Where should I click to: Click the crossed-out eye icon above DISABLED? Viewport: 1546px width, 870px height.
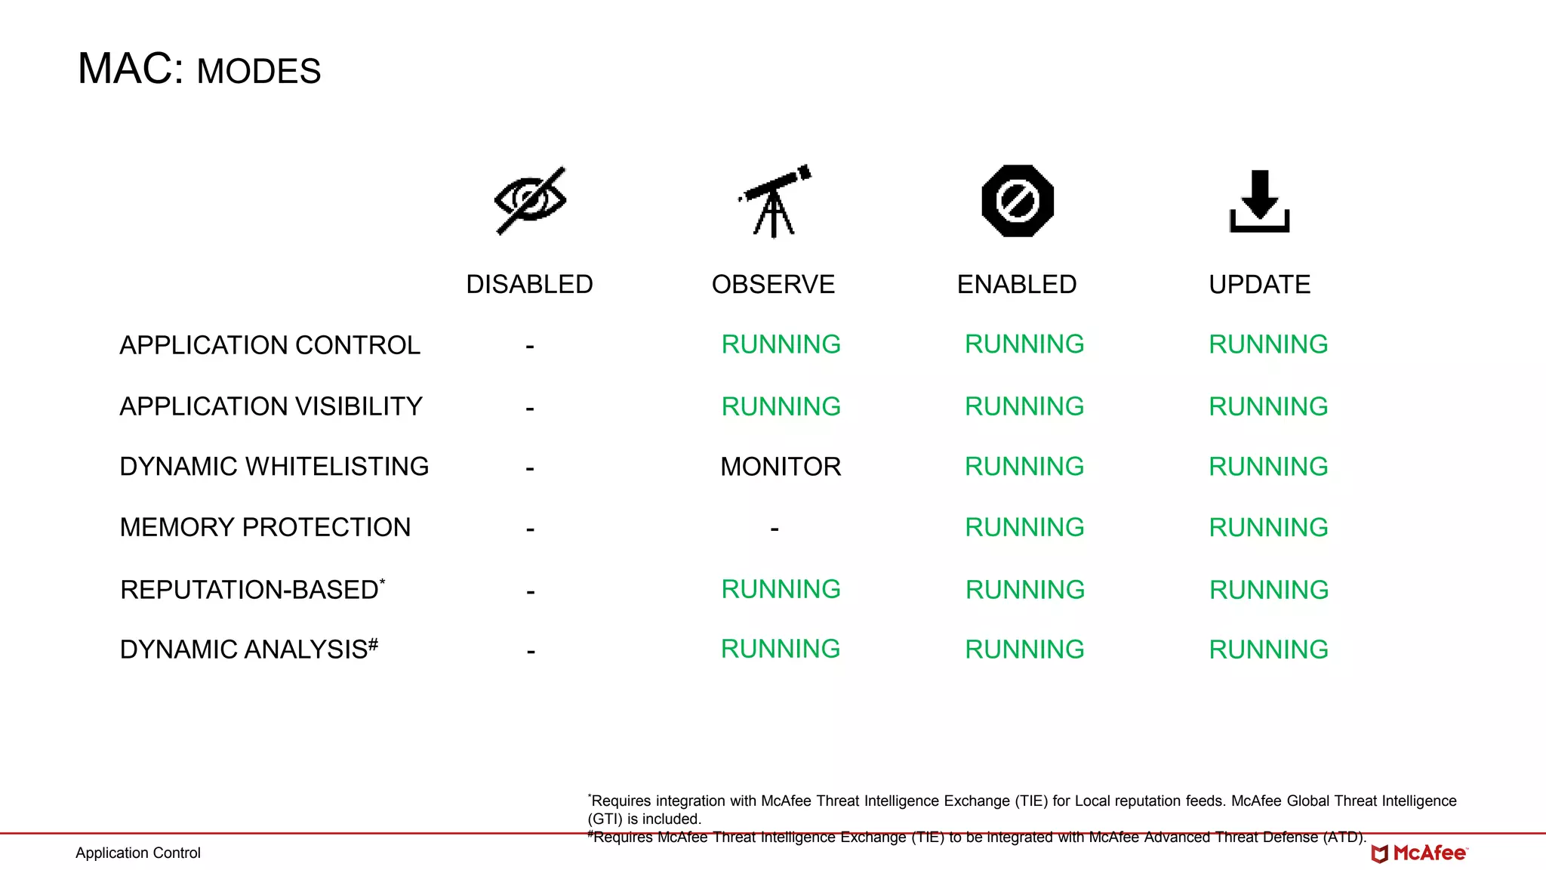coord(530,201)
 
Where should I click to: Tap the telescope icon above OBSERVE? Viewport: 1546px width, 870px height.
coord(775,201)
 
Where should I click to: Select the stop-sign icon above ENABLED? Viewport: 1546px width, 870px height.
coord(1018,201)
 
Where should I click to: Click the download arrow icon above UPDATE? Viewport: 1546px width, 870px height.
coord(1259,201)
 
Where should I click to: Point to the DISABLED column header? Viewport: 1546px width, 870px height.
coord(529,285)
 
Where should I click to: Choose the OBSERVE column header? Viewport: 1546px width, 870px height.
coord(773,285)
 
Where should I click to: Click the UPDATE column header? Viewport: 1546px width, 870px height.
coord(1259,285)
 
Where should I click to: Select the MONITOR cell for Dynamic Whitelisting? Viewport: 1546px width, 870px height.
coord(781,467)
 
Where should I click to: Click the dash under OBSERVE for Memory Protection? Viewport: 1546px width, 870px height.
coord(775,529)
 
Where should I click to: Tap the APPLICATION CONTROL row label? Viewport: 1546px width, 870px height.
coord(269,345)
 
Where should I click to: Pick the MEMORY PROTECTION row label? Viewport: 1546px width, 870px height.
coord(265,527)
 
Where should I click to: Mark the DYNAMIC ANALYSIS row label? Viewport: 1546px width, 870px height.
coord(248,649)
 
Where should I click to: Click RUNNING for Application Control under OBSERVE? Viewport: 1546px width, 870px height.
coord(781,344)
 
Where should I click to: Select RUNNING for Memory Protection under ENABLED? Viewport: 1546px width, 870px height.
coord(1024,527)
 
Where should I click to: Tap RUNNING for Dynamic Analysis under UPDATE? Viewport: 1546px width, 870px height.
coord(1268,649)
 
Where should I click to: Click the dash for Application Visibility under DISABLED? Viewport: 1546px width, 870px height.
coord(530,409)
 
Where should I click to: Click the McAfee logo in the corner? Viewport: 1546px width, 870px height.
coord(1419,853)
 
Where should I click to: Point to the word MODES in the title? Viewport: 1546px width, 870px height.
coord(259,72)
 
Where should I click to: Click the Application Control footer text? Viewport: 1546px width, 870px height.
coord(138,853)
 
